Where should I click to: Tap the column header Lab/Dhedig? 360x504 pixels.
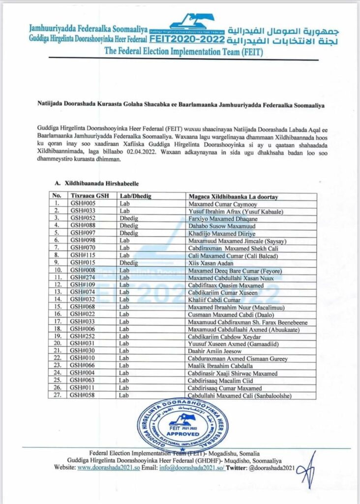tap(136, 196)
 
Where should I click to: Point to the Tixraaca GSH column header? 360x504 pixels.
tap(88, 196)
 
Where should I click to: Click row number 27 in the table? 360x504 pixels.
tap(58, 396)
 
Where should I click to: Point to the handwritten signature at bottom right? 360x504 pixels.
tap(306, 471)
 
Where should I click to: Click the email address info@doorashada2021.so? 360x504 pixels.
tap(192, 468)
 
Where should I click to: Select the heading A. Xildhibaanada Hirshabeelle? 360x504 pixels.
tap(95, 183)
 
